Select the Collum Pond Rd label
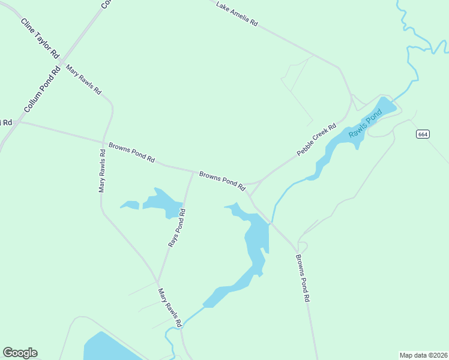[43, 89]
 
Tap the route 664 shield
[423, 134]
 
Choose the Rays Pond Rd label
[176, 229]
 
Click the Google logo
[20, 353]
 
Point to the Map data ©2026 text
[423, 355]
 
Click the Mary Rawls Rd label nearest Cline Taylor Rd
[83, 79]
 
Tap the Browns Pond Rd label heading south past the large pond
[302, 278]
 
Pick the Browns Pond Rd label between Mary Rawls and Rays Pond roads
[132, 152]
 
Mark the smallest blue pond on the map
[130, 205]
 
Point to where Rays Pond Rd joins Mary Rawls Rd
[158, 281]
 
